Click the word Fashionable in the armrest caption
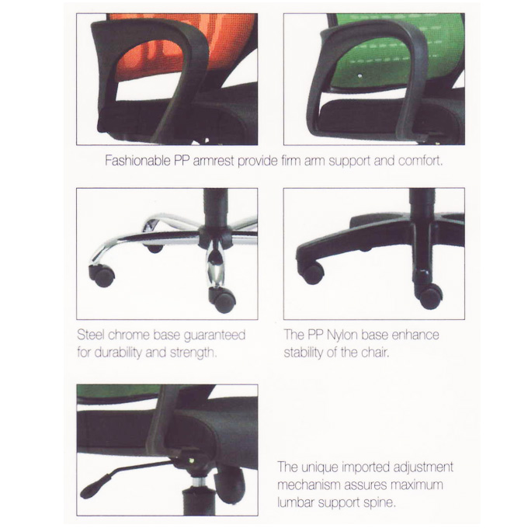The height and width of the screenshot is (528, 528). click(137, 161)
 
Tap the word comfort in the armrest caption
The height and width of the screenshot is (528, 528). click(421, 161)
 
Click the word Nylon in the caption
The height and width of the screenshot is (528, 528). click(342, 335)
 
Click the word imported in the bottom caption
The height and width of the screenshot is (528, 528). click(366, 467)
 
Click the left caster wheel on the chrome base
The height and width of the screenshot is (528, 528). click(102, 275)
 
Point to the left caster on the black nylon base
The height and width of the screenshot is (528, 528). click(311, 273)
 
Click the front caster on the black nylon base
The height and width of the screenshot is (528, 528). click(429, 295)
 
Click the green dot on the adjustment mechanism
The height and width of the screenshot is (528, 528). click(192, 460)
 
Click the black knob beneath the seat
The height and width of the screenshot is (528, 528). click(230, 484)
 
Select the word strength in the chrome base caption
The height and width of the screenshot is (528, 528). click(193, 353)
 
